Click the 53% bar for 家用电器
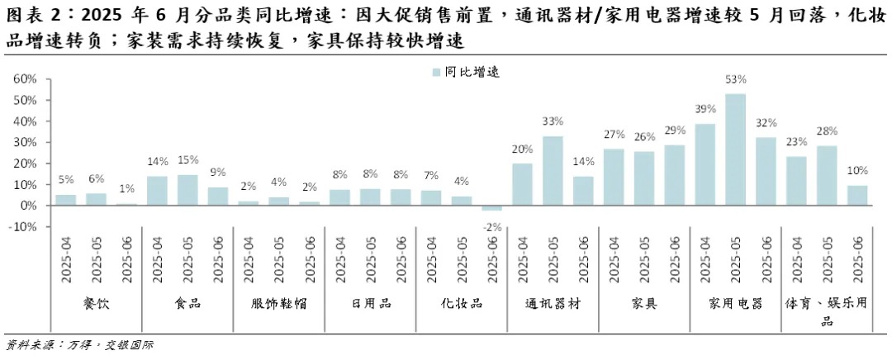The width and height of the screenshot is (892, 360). tap(735, 149)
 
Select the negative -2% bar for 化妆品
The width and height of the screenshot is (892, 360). tap(492, 207)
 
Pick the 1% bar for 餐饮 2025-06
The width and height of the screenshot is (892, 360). tap(127, 204)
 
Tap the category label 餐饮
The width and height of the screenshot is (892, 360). tap(97, 303)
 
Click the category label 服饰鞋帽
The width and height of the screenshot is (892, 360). tap(279, 303)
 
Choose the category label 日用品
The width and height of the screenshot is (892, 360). tap(371, 303)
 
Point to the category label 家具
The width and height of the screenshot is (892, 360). tap(644, 303)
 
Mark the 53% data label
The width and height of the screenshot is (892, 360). tap(735, 80)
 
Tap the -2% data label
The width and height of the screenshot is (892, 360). tap(492, 225)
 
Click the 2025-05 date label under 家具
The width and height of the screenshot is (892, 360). tap(645, 259)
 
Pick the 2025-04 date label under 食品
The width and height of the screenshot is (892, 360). tap(158, 259)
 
